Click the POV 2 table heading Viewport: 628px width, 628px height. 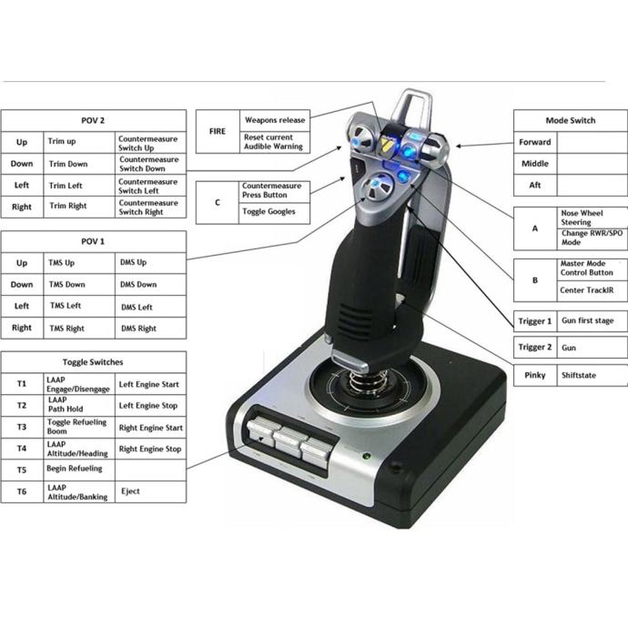pos(94,120)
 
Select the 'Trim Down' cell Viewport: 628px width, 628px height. pos(79,164)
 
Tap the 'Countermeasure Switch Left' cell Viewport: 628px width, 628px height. pos(150,186)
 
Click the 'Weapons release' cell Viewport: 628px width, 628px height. pos(275,120)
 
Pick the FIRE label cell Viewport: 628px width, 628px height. pos(218,131)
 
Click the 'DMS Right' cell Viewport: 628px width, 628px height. pos(150,329)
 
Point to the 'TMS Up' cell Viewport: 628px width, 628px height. pos(79,263)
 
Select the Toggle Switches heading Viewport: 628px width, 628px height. pos(94,362)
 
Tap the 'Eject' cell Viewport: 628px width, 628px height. pos(150,491)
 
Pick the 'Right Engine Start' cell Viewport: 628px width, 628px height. pos(150,428)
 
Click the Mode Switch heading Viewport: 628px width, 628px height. pos(571,120)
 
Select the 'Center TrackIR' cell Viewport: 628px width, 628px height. pos(592,290)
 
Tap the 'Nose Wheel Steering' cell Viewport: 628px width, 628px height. pos(592,218)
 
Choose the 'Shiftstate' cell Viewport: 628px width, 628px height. pos(592,375)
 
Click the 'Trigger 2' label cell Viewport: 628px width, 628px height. pos(535,348)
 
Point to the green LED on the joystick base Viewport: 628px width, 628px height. pos(366,456)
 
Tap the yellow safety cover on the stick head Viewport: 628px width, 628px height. pos(387,145)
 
